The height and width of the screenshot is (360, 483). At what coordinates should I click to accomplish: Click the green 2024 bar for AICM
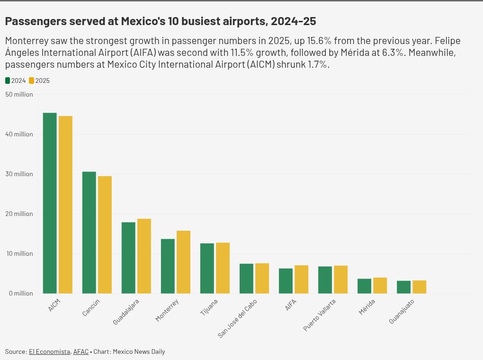pos(50,203)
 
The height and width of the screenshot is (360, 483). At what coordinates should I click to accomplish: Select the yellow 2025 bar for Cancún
pos(105,235)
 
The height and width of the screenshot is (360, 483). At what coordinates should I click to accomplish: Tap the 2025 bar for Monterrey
pos(183,262)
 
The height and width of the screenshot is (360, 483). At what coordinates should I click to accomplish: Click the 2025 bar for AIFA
pos(301,279)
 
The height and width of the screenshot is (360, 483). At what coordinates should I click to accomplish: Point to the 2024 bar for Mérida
pos(365,286)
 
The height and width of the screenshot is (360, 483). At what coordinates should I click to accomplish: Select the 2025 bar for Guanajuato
pos(419,287)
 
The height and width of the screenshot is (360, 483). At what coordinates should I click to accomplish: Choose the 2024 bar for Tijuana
pos(207,269)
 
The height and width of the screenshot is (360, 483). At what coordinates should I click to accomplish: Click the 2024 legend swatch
pos(8,81)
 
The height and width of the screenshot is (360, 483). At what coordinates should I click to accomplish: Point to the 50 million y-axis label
pos(19,94)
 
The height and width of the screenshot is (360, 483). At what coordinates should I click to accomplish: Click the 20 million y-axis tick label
pos(19,214)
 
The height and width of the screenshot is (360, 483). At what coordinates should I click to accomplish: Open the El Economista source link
pos(50,351)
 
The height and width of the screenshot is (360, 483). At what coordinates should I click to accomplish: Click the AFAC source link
pos(80,351)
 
